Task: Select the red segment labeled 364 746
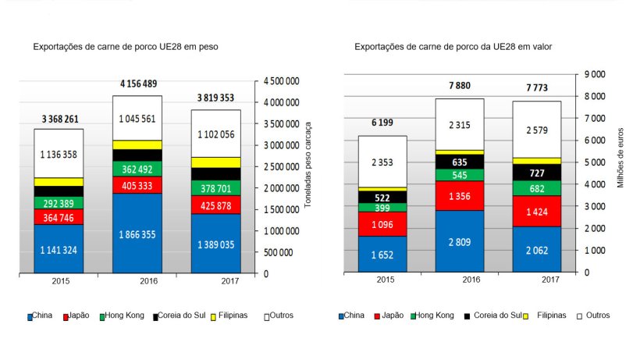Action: click(x=59, y=217)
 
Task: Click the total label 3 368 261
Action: click(x=60, y=119)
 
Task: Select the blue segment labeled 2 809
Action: click(x=471, y=241)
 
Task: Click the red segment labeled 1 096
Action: click(x=383, y=223)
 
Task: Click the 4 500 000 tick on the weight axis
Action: click(x=283, y=81)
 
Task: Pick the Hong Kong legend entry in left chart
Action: click(x=125, y=316)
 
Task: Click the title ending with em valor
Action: click(x=453, y=47)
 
